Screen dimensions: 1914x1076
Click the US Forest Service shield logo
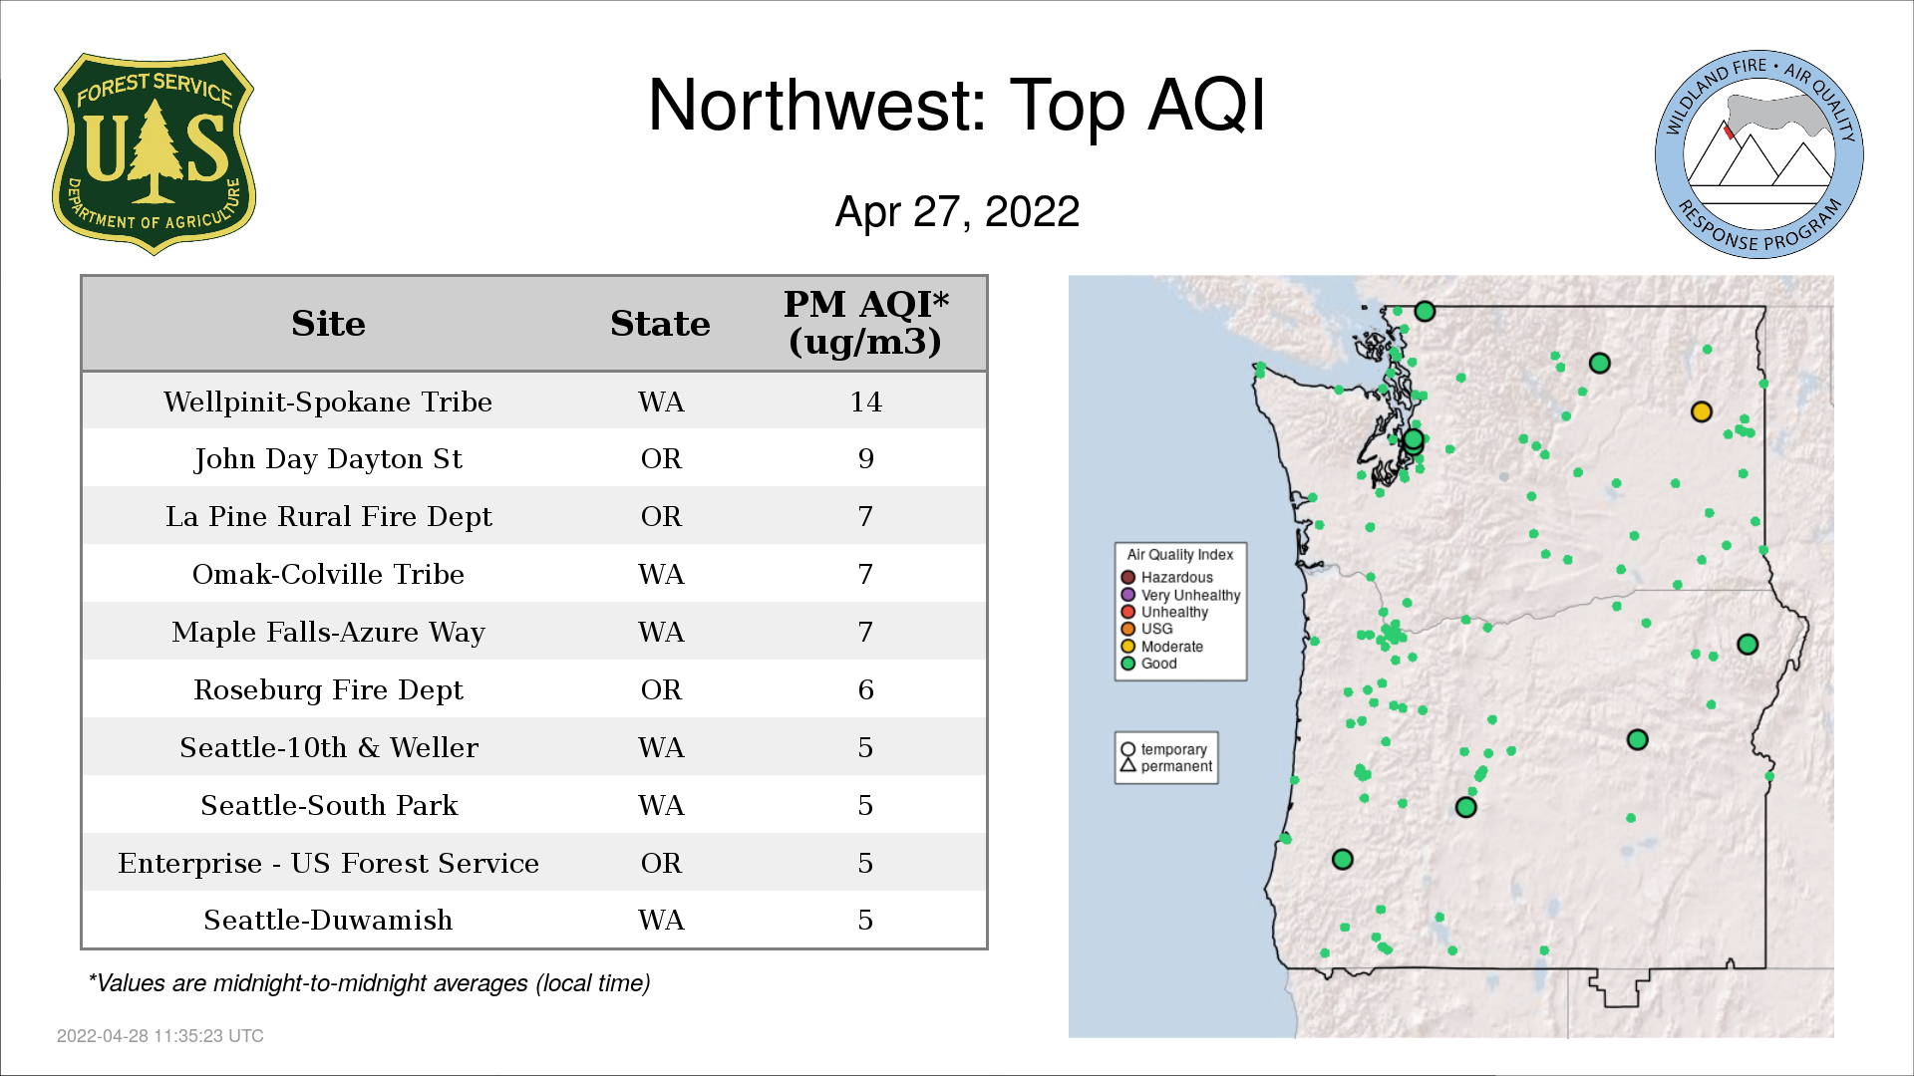click(154, 154)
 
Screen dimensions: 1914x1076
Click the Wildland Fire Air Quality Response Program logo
click(1759, 154)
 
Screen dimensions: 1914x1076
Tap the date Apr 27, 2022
click(957, 211)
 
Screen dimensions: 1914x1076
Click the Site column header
click(328, 324)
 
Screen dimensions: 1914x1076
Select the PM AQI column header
click(865, 323)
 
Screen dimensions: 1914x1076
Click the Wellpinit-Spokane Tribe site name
click(328, 402)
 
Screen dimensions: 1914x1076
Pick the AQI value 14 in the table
click(865, 402)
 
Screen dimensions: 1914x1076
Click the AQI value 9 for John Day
click(865, 459)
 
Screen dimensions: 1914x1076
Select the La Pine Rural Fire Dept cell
click(328, 516)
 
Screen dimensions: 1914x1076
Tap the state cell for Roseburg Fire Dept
click(661, 689)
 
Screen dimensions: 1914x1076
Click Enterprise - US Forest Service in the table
click(328, 863)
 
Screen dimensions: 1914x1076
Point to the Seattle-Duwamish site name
click(328, 920)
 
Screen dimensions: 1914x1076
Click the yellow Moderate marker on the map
click(1702, 411)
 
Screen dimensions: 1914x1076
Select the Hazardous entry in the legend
click(1167, 578)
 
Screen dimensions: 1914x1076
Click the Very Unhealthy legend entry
click(1180, 595)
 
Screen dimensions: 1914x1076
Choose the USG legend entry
click(1147, 629)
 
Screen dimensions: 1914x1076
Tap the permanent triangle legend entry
click(1166, 766)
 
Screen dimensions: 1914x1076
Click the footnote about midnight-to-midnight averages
click(369, 983)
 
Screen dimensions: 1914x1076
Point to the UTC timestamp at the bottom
click(160, 1036)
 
